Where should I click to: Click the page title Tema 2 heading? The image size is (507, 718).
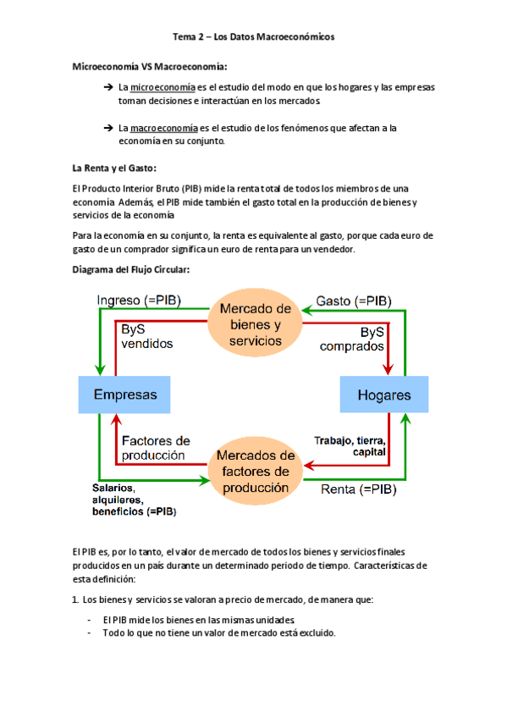(253, 37)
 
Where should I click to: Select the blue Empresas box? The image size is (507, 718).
(124, 395)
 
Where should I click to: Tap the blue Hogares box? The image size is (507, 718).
(383, 395)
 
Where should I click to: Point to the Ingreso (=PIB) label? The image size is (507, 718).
(139, 300)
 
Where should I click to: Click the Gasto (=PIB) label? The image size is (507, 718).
(354, 300)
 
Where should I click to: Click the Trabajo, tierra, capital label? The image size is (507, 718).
(350, 446)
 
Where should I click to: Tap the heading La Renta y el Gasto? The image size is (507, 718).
(114, 167)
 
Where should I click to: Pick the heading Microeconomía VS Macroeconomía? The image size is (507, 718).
(150, 66)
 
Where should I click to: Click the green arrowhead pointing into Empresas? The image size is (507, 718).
(101, 369)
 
